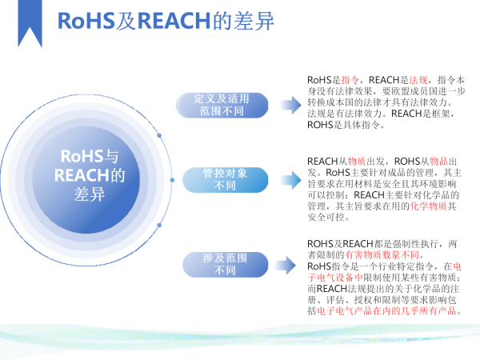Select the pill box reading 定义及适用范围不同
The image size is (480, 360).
click(222, 105)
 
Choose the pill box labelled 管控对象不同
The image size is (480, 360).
click(220, 179)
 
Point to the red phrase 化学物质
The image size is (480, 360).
click(410, 206)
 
